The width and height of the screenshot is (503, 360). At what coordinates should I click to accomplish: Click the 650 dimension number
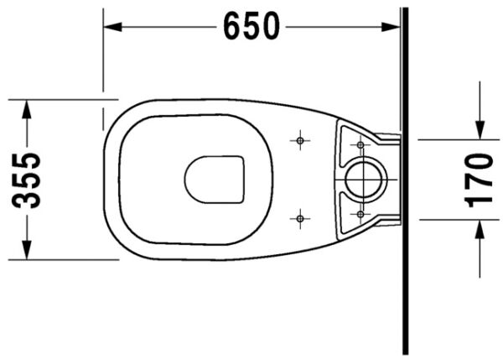click(x=251, y=27)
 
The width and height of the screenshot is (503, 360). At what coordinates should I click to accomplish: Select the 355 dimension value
click(x=29, y=180)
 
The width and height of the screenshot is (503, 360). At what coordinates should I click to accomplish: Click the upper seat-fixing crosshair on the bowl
click(x=300, y=140)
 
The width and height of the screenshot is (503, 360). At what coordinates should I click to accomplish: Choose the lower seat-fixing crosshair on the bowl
click(x=300, y=219)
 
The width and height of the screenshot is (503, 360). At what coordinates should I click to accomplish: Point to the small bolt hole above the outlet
click(x=360, y=146)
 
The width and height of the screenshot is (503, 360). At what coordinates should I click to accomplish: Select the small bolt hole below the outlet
click(x=360, y=214)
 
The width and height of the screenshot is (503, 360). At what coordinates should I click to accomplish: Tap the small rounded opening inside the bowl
click(x=215, y=180)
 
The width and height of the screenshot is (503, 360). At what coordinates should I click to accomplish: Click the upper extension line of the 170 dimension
click(x=453, y=139)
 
